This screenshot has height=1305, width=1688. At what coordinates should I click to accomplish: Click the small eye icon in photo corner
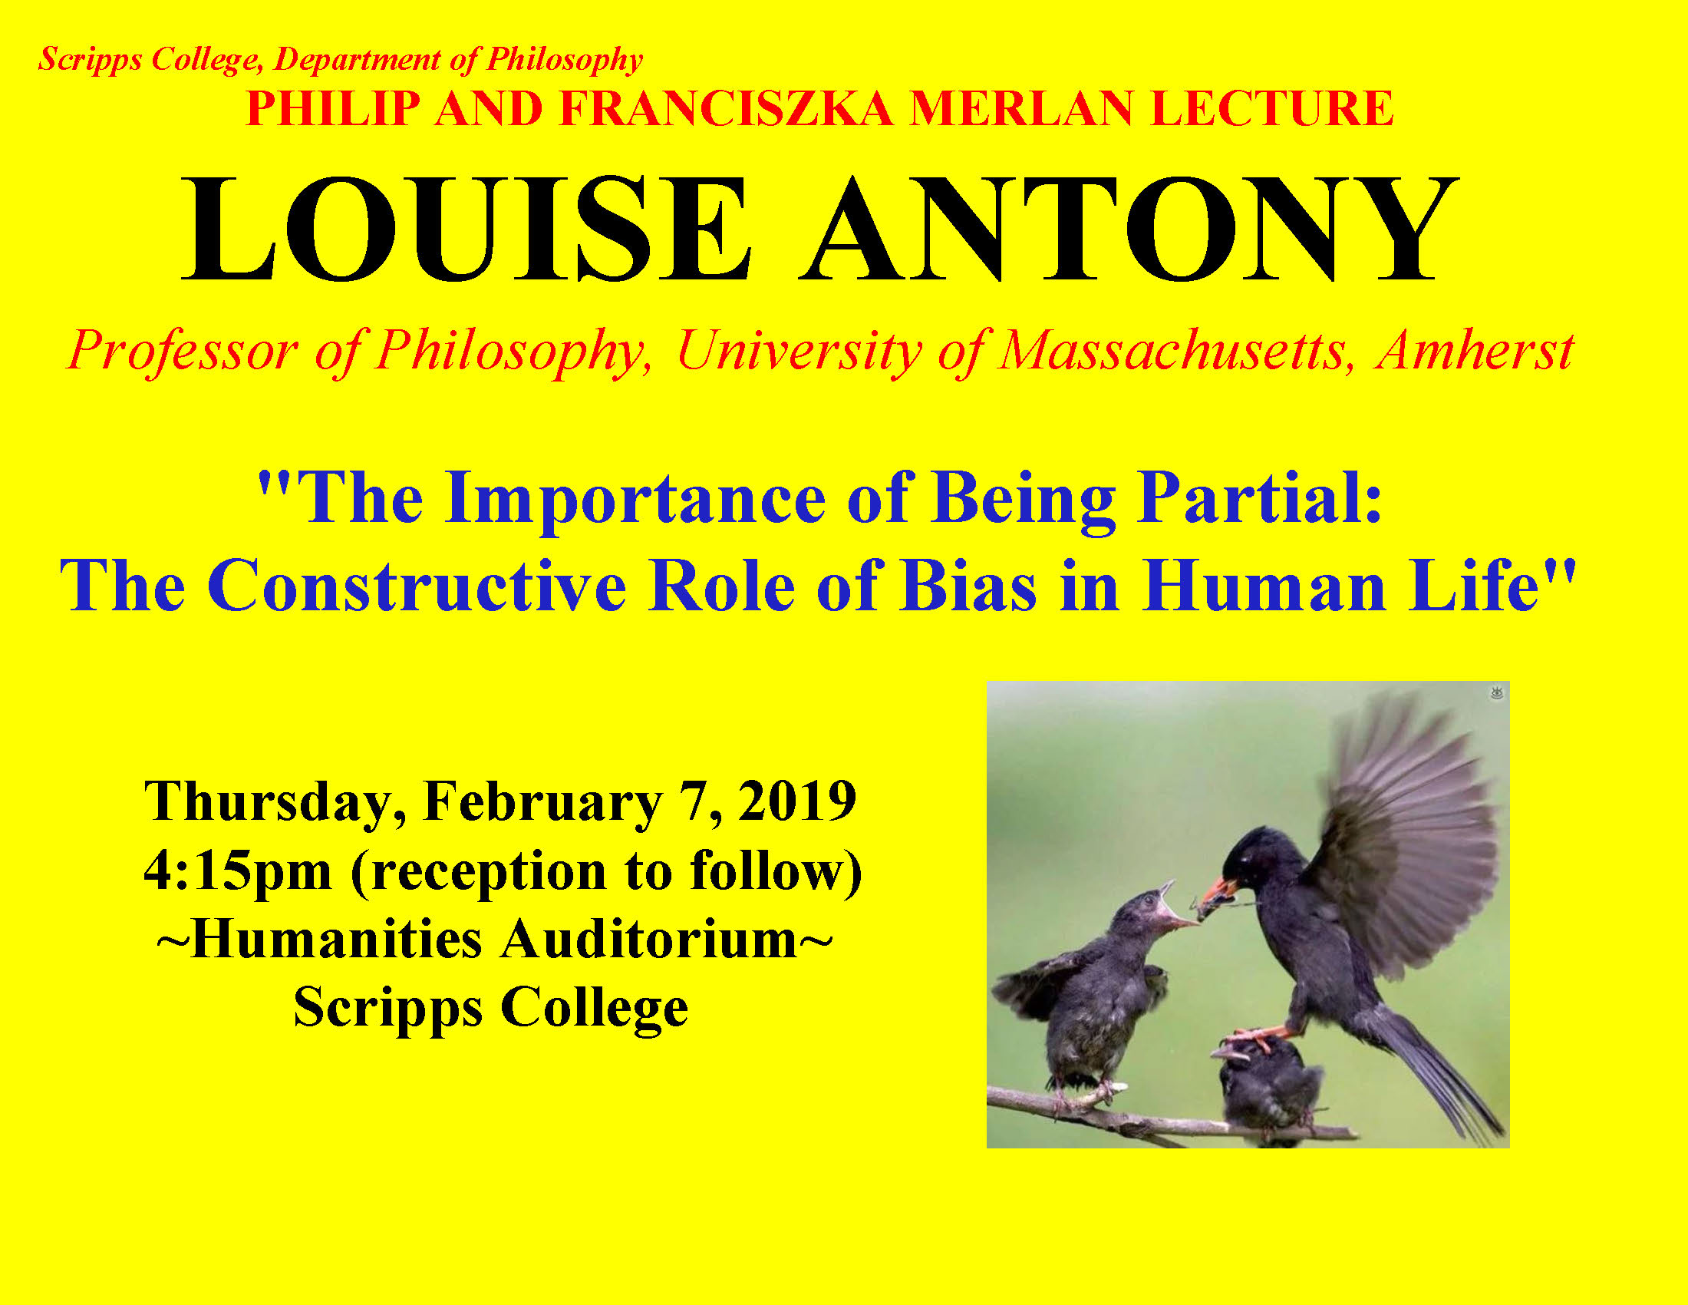[1496, 692]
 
